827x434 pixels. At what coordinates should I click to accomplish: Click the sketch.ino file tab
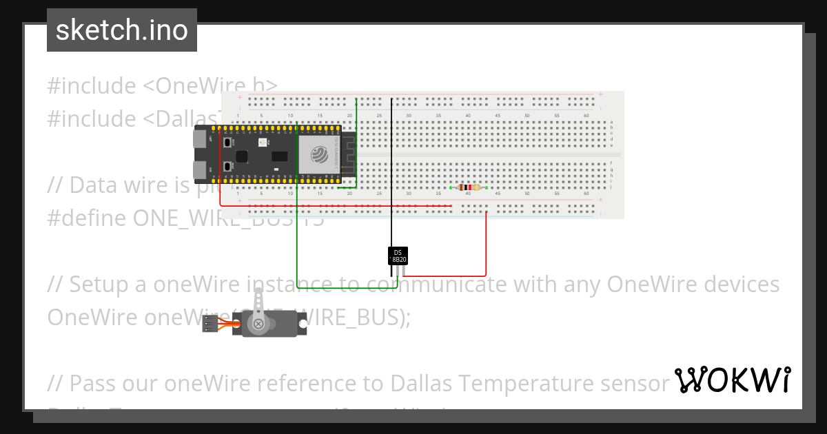121,30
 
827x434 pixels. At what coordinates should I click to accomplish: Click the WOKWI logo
733,380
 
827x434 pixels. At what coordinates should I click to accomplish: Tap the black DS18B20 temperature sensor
398,256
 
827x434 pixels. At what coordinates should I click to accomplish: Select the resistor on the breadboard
469,187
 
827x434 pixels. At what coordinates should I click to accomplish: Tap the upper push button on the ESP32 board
227,142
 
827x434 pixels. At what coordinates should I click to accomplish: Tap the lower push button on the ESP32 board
227,167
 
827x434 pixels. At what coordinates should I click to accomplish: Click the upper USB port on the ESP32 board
201,141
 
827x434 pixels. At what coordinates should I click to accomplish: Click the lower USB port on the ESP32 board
201,168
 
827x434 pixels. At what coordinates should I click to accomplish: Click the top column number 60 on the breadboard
586,115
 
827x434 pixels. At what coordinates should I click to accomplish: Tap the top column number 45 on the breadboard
498,115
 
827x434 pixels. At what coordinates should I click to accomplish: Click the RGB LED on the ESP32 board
261,142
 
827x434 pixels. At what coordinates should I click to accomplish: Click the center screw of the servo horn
258,323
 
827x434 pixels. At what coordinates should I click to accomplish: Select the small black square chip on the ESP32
242,156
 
